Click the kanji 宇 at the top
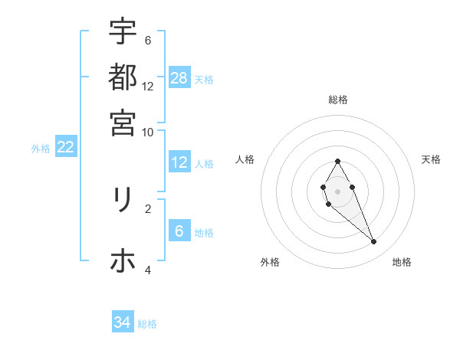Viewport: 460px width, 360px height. point(123,32)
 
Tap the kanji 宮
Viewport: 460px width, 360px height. point(123,122)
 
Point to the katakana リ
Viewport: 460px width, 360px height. point(123,200)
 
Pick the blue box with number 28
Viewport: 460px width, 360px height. point(179,77)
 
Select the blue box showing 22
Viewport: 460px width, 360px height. point(65,147)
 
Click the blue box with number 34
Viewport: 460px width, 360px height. point(123,322)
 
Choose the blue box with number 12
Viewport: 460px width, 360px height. point(179,162)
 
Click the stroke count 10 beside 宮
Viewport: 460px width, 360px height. point(148,132)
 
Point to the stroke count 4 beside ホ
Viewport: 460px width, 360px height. point(148,270)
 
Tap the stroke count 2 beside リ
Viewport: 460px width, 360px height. point(148,208)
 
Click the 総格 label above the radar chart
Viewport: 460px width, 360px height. point(338,100)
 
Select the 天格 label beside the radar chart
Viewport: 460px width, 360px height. point(432,159)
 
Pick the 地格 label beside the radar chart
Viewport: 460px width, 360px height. point(402,262)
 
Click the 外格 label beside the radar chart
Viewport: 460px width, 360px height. point(270,262)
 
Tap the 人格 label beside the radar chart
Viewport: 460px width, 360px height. point(245,159)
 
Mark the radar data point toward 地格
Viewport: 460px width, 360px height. point(374,242)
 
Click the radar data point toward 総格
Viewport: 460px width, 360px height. point(337,161)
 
